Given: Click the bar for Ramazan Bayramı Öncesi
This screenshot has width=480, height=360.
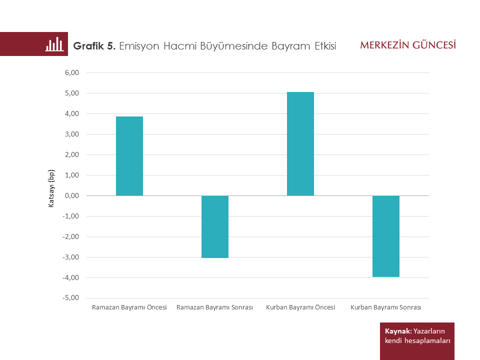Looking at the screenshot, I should pyautogui.click(x=129, y=156).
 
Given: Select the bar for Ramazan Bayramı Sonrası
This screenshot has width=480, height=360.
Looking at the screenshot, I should pyautogui.click(x=215, y=226).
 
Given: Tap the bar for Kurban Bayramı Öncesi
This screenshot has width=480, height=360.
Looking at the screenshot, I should pyautogui.click(x=300, y=144).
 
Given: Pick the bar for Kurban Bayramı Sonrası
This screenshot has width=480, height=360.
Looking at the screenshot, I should pyautogui.click(x=386, y=236).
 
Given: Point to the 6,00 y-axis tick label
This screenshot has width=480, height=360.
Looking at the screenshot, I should pyautogui.click(x=72, y=73).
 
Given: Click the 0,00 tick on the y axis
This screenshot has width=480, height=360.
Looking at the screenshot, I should pyautogui.click(x=72, y=196).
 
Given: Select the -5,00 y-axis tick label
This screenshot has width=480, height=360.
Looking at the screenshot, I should pyautogui.click(x=71, y=298).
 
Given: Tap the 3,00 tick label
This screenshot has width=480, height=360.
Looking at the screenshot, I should pyautogui.click(x=72, y=134).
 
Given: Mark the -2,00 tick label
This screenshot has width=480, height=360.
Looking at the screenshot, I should pyautogui.click(x=71, y=237).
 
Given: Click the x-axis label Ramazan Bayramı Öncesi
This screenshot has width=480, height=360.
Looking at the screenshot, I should pyautogui.click(x=129, y=307).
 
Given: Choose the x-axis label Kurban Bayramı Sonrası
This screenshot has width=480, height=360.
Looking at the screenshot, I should pyautogui.click(x=386, y=307).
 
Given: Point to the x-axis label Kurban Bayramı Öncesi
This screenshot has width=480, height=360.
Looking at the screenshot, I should pyautogui.click(x=300, y=307).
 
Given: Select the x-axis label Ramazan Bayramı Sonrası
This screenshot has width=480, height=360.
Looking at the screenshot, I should pyautogui.click(x=215, y=307).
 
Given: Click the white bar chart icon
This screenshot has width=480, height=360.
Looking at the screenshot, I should pyautogui.click(x=54, y=44).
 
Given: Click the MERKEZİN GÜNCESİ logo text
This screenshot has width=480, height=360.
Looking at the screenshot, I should pyautogui.click(x=408, y=45).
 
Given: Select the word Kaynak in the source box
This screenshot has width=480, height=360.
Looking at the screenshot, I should pyautogui.click(x=398, y=331).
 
